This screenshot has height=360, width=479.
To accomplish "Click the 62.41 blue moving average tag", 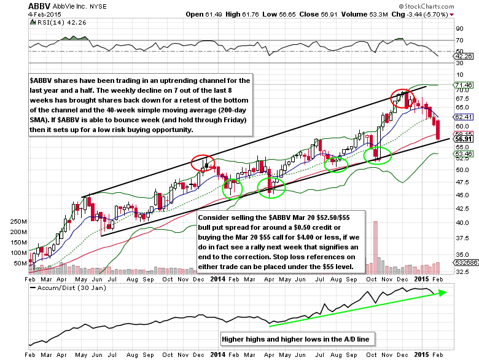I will [x=462, y=116].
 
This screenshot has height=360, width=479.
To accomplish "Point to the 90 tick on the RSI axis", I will [x=459, y=28].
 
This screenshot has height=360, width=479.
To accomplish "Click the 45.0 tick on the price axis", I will [x=462, y=195].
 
